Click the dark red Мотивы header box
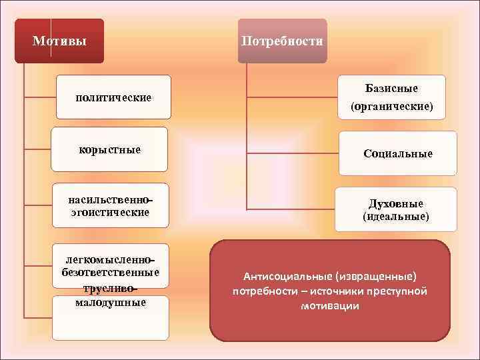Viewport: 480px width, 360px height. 59,41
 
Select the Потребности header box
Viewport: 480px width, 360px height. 282,41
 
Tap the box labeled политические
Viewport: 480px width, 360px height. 113,97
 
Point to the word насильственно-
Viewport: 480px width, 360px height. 110,200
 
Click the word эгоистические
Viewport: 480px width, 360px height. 110,212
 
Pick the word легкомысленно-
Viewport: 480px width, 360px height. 110,259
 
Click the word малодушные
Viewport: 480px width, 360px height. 110,302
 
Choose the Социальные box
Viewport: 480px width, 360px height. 398,153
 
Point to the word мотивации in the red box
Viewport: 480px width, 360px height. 330,306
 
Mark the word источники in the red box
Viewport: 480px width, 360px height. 333,291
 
